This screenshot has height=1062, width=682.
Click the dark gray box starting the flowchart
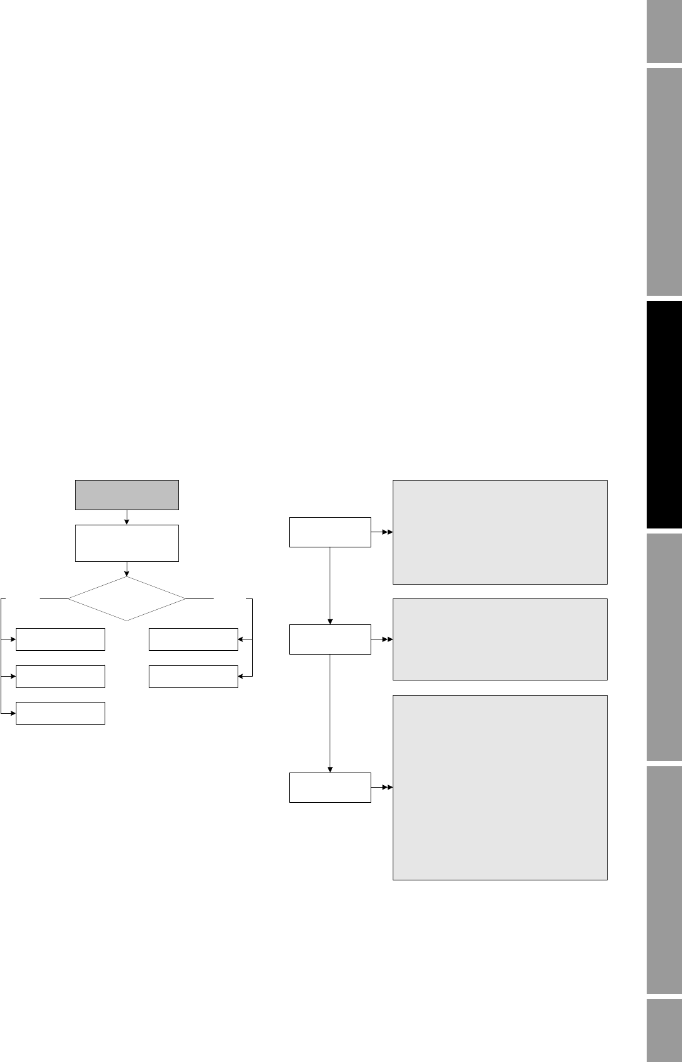coord(127,494)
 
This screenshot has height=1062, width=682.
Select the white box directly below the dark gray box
coord(127,542)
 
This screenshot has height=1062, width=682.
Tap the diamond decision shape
coord(127,598)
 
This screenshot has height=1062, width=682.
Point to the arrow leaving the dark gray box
coord(127,517)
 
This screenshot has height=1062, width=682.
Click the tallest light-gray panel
coord(500,787)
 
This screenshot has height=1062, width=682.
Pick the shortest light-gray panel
coord(500,639)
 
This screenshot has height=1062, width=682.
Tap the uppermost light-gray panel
coord(500,532)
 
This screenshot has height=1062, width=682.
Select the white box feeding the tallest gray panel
coord(330,787)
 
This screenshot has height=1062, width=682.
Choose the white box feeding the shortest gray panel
coord(330,639)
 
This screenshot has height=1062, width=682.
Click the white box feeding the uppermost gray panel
coord(330,532)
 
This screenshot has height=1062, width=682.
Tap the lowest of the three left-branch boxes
coord(60,713)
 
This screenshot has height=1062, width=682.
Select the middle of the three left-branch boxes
coord(60,676)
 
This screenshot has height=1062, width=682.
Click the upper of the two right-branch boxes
coord(193,639)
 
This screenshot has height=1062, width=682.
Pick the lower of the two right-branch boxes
coord(193,676)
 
